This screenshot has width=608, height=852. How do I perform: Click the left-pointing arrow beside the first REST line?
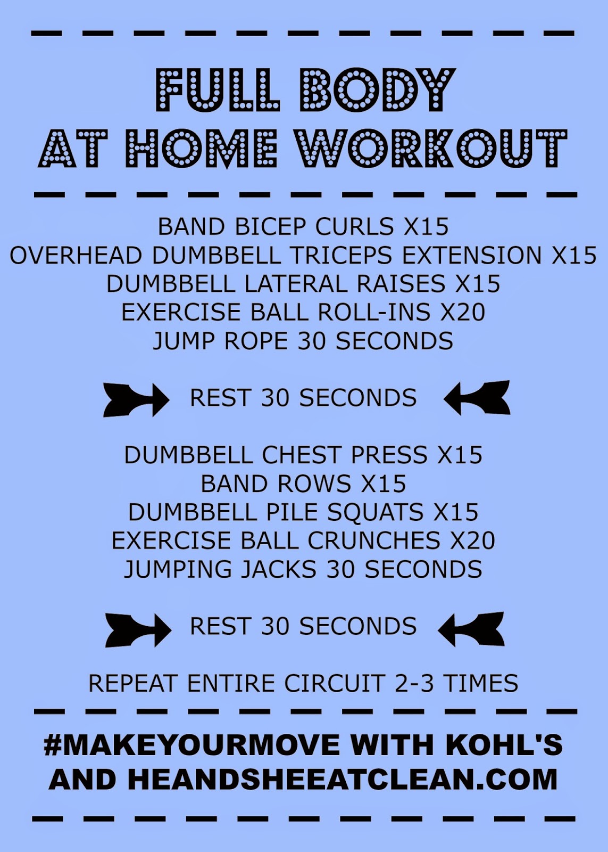[x=477, y=398]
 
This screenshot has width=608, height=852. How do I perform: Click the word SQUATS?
[x=375, y=512]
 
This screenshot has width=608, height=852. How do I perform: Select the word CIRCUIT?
[x=334, y=683]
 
